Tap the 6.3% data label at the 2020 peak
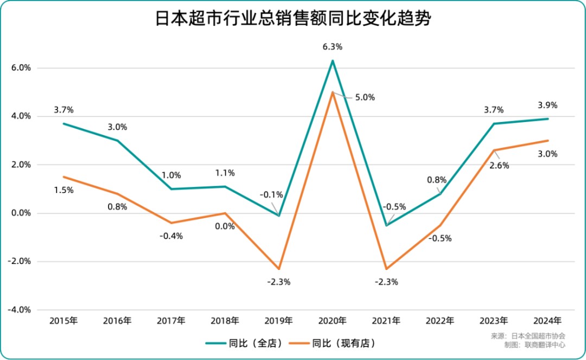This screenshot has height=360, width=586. tap(332, 47)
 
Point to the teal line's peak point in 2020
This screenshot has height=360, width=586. tap(333, 60)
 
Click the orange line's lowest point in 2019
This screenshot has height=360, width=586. tap(279, 269)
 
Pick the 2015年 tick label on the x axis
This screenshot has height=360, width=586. tap(63, 320)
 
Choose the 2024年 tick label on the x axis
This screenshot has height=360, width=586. tap(547, 320)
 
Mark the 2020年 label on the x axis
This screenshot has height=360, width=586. tap(333, 320)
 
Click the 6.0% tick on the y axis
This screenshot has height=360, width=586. tap(21, 68)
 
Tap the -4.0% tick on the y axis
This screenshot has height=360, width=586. tap(20, 310)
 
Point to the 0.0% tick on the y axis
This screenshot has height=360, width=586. tap(21, 213)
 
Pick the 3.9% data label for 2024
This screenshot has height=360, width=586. tap(547, 105)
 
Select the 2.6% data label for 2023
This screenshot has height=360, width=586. tap(499, 166)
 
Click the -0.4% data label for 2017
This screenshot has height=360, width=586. tap(171, 236)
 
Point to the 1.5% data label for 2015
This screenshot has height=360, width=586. tap(63, 190)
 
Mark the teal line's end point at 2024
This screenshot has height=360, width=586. tap(547, 119)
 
